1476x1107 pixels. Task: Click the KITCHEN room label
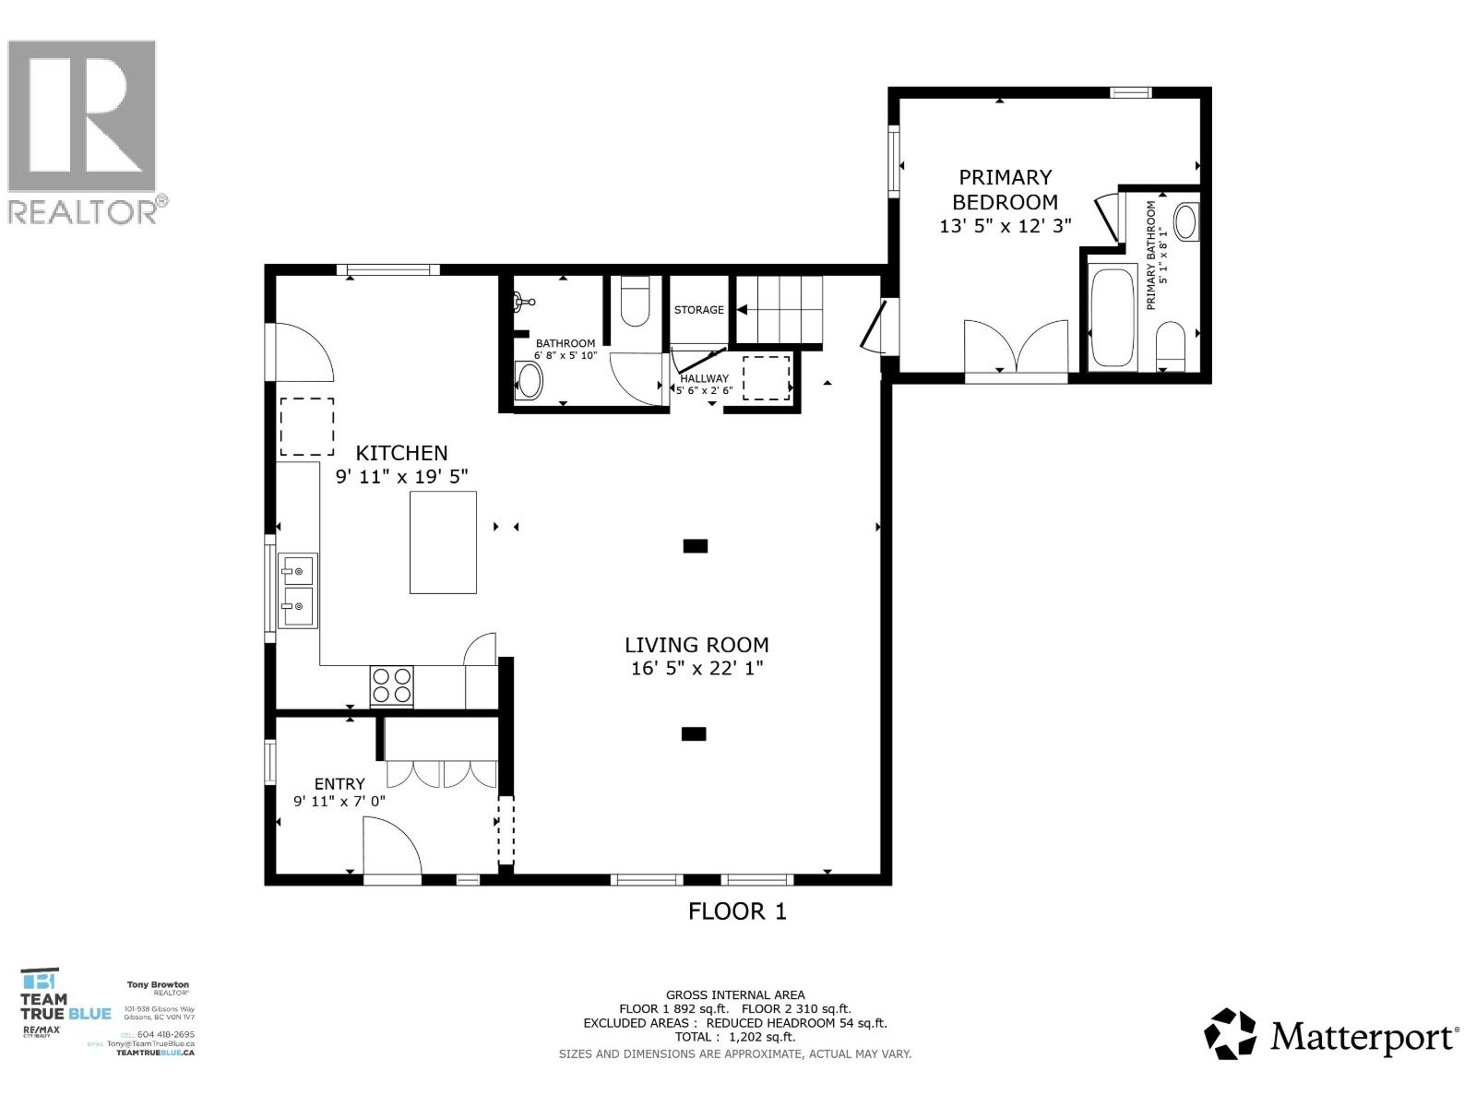[401, 453]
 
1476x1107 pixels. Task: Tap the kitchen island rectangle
[443, 542]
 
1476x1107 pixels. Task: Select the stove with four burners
[391, 685]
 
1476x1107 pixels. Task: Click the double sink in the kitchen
[298, 590]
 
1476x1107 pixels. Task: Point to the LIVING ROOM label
[696, 645]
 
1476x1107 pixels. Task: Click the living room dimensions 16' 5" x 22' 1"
[696, 669]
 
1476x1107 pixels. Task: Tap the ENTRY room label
[339, 784]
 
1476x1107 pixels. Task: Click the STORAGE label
[698, 310]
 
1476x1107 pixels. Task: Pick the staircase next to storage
[780, 309]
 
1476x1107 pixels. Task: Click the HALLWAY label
[704, 378]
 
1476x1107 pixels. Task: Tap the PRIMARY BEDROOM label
[1005, 189]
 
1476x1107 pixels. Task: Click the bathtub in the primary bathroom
[1113, 316]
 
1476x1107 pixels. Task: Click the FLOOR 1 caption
[737, 911]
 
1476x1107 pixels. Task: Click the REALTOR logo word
[83, 212]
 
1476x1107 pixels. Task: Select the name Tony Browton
[158, 985]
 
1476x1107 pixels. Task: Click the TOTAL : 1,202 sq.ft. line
[734, 1037]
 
